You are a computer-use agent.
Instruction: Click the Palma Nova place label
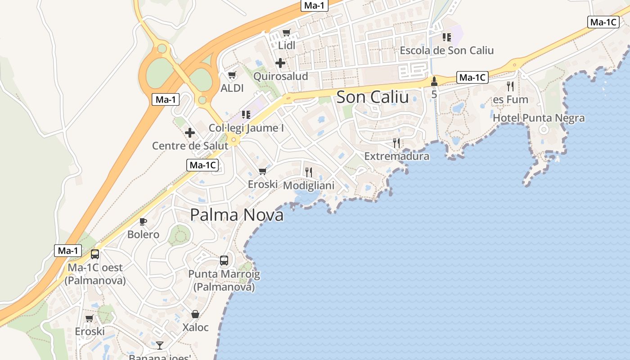pos(237,215)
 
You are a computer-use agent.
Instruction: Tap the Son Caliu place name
pos(373,97)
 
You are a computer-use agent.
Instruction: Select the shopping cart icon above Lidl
pos(287,32)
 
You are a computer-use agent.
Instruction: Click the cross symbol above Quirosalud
pos(280,63)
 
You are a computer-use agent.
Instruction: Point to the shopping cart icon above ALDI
pos(232,75)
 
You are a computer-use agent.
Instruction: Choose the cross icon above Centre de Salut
pos(190,133)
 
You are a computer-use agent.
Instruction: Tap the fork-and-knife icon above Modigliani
pos(308,172)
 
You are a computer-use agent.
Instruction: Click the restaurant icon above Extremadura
pos(396,143)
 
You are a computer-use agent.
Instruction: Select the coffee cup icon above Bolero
pos(143,221)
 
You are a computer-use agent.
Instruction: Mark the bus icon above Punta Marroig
pos(224,261)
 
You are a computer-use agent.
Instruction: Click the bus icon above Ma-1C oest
pos(95,254)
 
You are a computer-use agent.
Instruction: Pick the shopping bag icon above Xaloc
pos(195,314)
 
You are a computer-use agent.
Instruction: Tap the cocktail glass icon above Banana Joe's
pos(160,346)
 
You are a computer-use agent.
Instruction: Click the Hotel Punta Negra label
pos(539,118)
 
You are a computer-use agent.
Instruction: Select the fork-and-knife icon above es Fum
pos(510,86)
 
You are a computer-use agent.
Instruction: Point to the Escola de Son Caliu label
pos(446,50)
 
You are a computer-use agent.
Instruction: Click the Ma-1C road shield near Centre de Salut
pos(202,165)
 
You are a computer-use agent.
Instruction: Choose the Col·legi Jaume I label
pos(246,128)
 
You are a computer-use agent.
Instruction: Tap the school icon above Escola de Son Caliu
pos(446,37)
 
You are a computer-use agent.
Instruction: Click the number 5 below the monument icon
pos(434,95)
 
